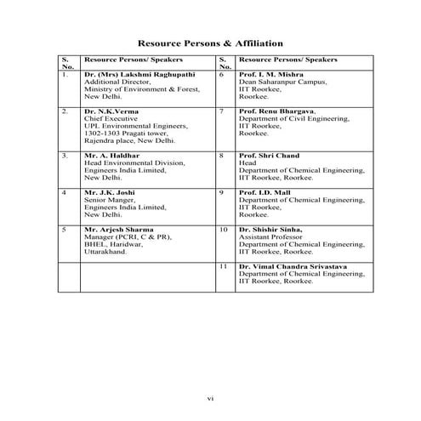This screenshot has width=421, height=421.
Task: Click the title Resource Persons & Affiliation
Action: (x=210, y=43)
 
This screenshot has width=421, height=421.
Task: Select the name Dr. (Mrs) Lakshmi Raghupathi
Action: (x=134, y=75)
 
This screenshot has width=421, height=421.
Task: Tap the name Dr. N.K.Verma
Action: (x=113, y=111)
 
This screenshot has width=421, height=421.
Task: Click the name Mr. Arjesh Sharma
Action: (x=120, y=230)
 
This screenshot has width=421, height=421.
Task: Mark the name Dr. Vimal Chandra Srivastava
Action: (x=295, y=267)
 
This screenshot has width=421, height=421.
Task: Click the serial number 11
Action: (x=223, y=267)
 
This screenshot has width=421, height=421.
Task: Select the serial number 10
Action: (x=224, y=230)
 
